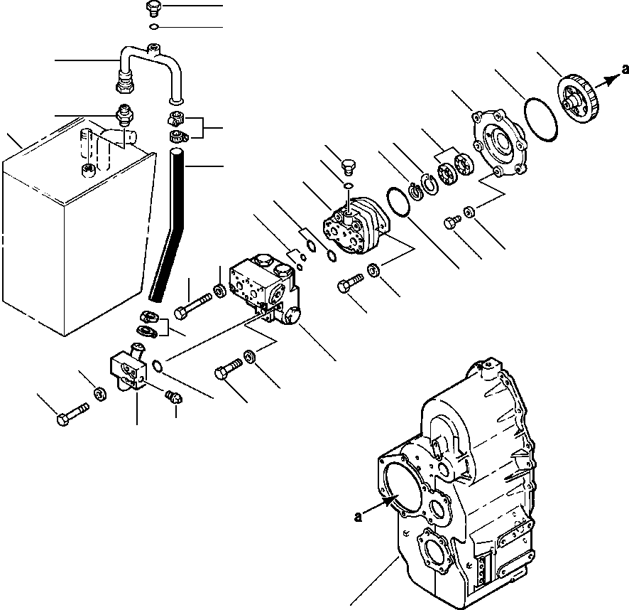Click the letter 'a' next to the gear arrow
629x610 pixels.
(625, 69)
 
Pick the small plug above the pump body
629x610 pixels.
(346, 168)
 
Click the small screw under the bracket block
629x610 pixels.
(173, 397)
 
